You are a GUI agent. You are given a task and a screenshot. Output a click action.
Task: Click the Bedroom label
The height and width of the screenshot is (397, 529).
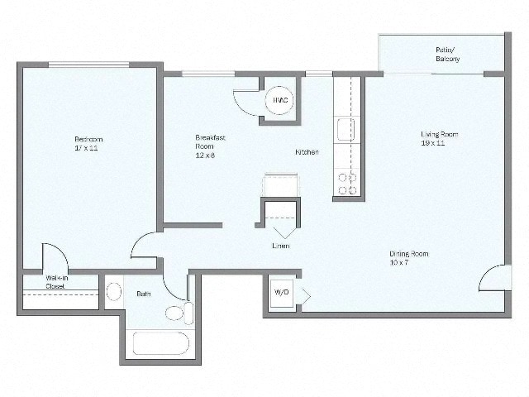click(x=88, y=139)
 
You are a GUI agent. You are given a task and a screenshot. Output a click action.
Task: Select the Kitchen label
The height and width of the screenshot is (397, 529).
click(x=307, y=152)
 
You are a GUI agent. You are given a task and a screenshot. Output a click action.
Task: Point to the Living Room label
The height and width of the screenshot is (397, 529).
click(x=439, y=134)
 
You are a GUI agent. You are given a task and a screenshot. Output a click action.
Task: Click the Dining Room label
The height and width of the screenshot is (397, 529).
click(x=409, y=254)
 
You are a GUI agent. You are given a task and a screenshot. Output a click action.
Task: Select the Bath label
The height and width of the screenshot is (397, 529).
click(x=143, y=293)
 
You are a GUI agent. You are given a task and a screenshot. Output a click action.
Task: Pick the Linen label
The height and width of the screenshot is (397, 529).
click(x=281, y=246)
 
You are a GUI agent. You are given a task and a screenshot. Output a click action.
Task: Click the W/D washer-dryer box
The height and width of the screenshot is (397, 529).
click(x=281, y=294)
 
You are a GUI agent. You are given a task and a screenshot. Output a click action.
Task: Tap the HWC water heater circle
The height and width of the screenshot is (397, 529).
click(x=279, y=100)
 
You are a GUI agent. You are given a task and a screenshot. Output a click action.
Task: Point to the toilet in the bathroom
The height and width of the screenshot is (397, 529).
click(x=178, y=313)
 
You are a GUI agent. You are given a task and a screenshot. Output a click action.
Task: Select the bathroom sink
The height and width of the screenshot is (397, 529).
click(x=113, y=292)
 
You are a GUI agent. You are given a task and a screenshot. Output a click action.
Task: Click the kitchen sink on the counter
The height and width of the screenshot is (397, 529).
click(x=346, y=130)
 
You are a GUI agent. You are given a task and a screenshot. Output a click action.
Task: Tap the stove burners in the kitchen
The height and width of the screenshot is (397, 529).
click(x=347, y=184)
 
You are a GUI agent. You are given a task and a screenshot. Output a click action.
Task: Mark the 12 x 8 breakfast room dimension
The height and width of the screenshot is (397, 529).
click(x=205, y=155)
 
